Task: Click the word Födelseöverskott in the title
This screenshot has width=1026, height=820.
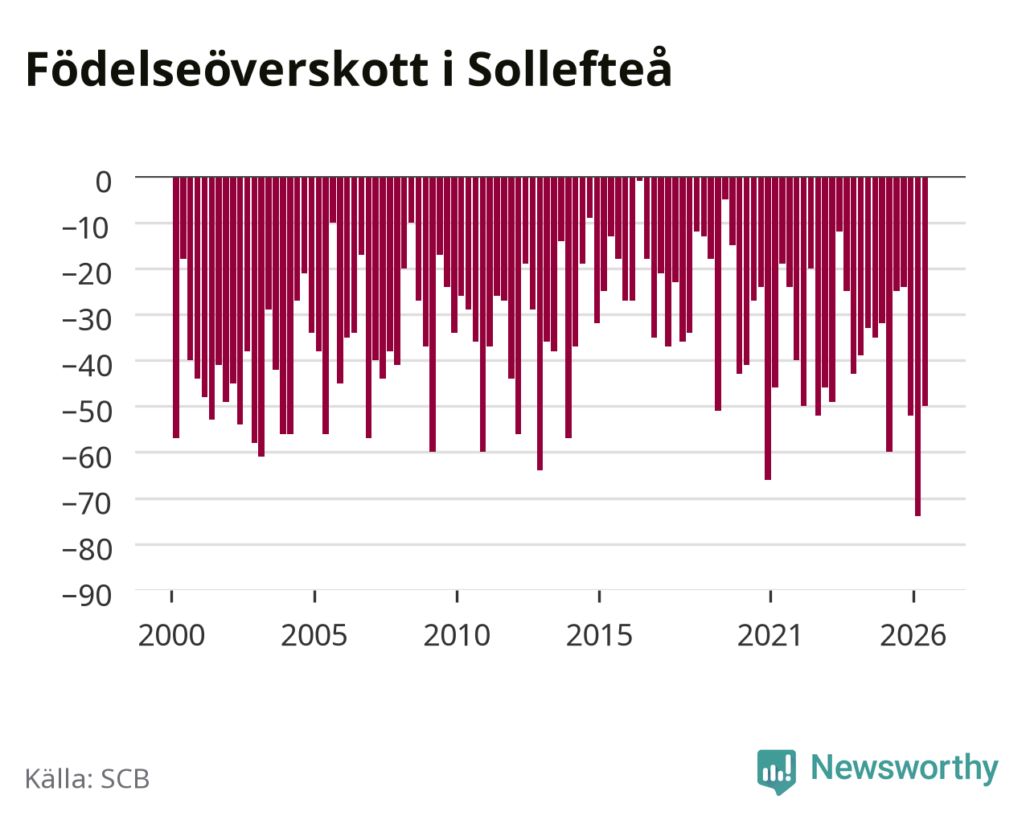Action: [228, 70]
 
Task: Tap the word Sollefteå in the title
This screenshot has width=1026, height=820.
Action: [570, 68]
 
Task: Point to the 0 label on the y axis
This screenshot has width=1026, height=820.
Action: [104, 182]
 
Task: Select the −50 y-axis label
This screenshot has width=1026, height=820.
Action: [87, 412]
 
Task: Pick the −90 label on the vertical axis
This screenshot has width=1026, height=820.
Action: [87, 595]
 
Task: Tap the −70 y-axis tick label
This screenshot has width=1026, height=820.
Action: [87, 503]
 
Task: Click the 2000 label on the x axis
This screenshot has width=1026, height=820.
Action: [171, 635]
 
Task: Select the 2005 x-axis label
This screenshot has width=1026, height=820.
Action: [314, 635]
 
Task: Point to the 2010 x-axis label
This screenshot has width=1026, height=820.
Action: [457, 635]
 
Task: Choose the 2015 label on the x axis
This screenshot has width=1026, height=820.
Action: [599, 635]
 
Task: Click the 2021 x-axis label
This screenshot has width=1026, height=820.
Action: [770, 635]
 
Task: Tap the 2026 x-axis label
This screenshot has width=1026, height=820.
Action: [913, 635]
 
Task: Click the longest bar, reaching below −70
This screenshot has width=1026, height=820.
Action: [917, 346]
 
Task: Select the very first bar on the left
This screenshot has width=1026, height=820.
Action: [176, 307]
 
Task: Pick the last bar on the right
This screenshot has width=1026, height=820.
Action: [925, 291]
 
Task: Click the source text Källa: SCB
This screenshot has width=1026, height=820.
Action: [88, 779]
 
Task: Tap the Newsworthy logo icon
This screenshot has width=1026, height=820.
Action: [776, 771]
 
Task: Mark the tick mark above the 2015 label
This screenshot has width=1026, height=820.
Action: [599, 596]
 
